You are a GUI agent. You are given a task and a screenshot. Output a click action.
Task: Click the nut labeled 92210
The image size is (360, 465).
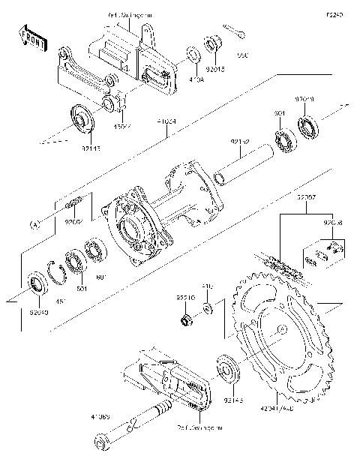(184, 322)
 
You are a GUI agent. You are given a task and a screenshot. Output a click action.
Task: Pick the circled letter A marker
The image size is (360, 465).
(34, 224)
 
